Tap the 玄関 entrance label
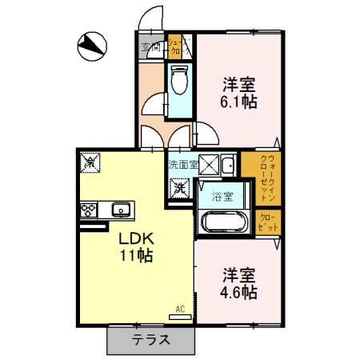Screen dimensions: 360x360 151,47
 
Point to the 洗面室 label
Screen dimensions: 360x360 182,165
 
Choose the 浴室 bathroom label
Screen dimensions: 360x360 222,196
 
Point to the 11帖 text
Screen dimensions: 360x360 136,257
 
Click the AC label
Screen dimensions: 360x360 180,307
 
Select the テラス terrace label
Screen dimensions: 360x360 151,339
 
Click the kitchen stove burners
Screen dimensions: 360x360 87,210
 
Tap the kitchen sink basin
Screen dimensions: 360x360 121,210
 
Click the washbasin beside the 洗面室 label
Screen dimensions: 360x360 227,166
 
